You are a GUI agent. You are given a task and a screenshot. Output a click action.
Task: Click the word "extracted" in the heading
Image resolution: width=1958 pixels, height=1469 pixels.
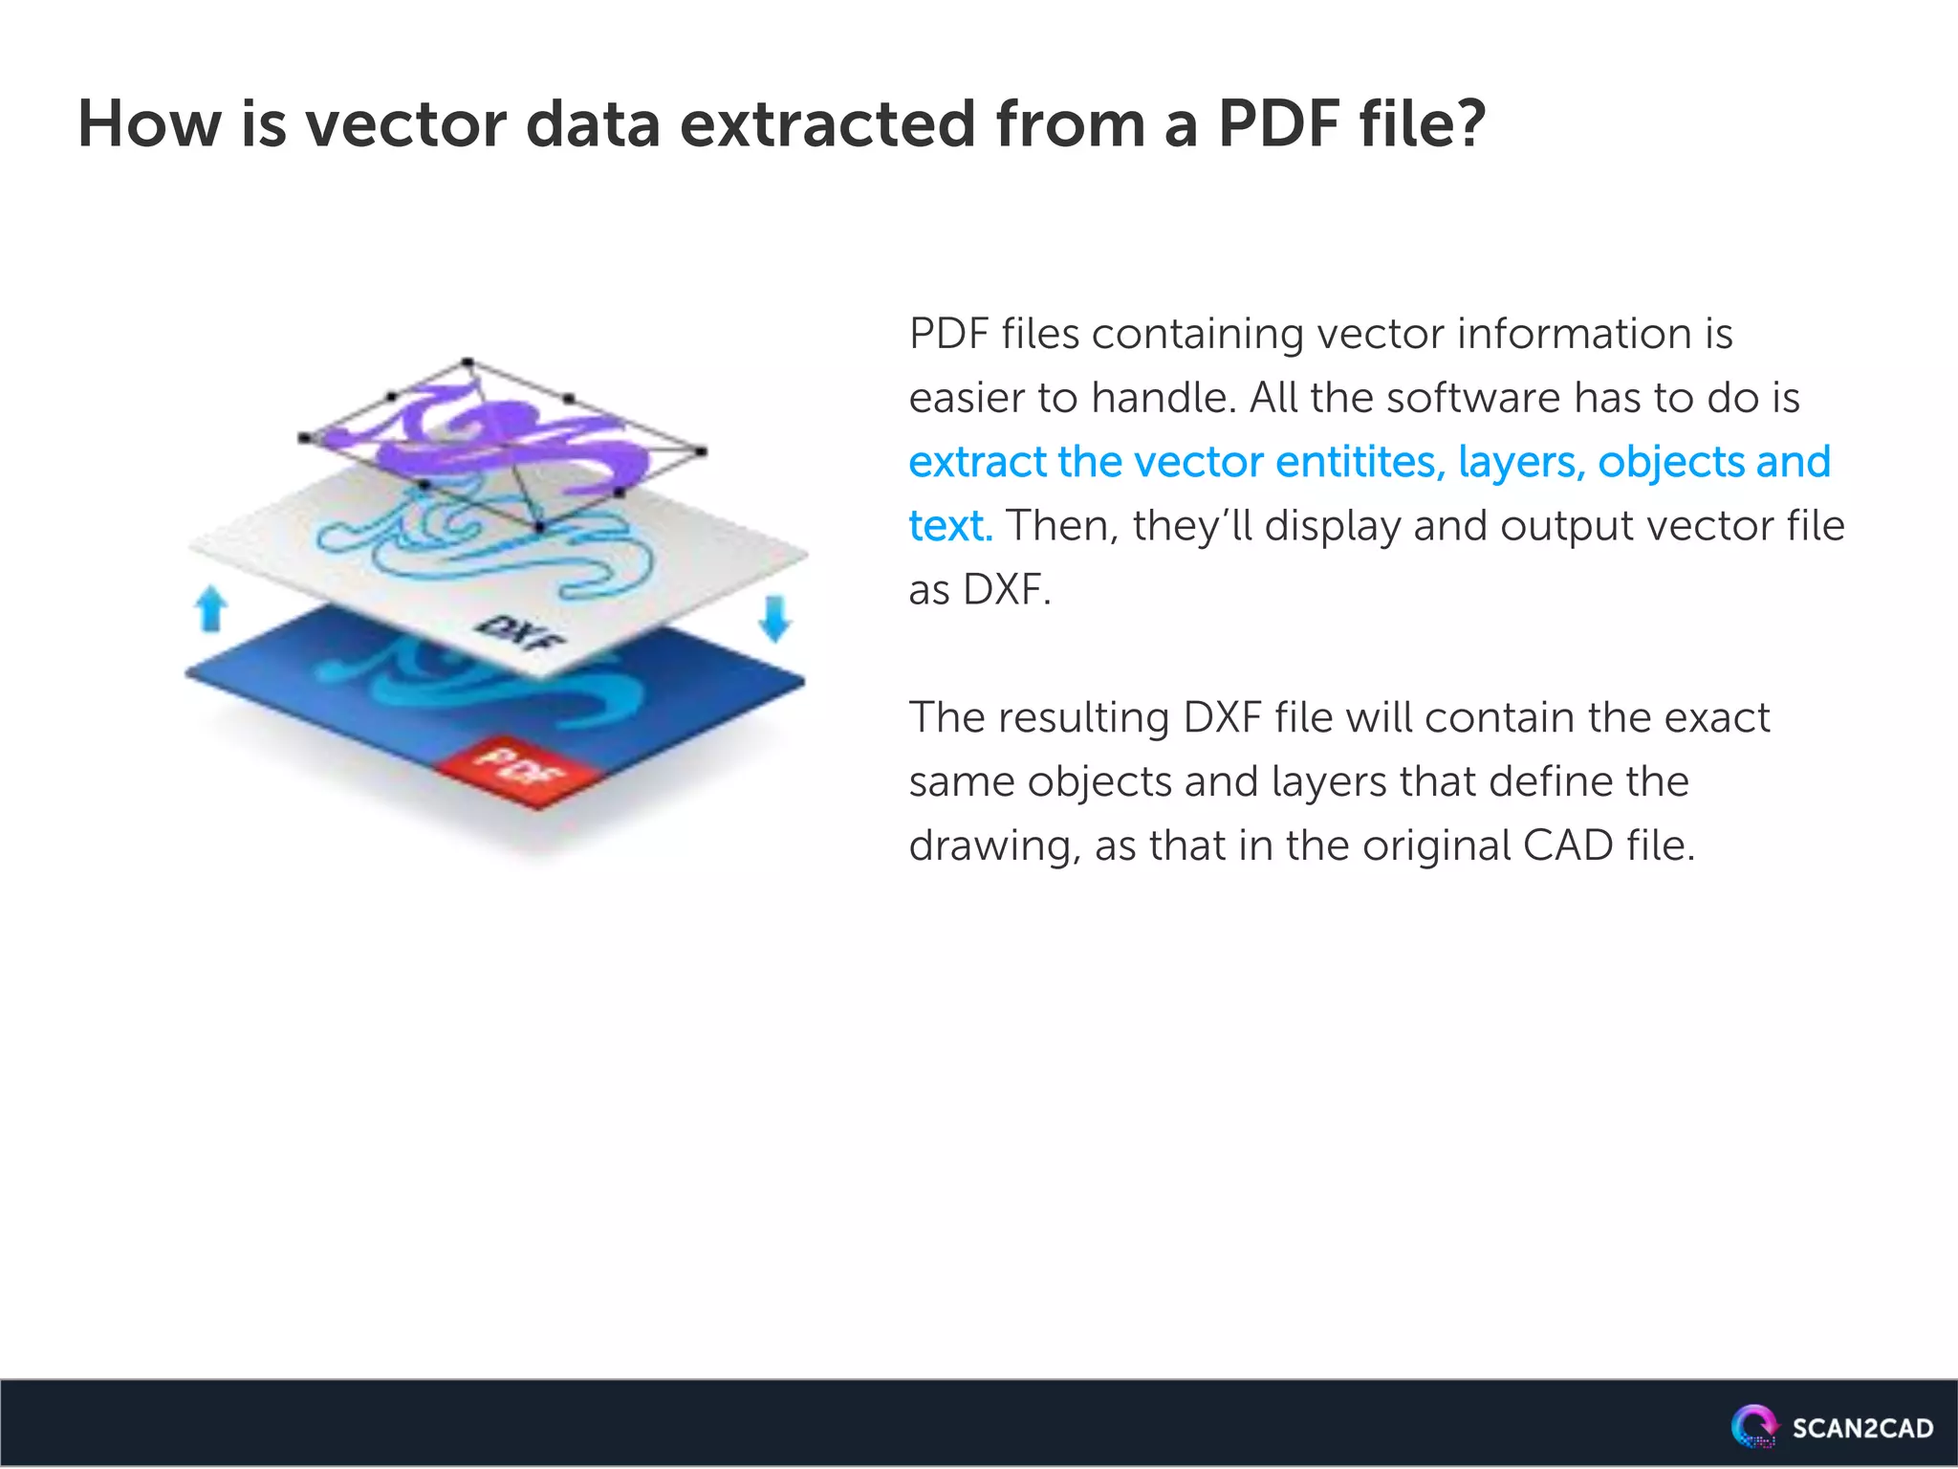tap(828, 124)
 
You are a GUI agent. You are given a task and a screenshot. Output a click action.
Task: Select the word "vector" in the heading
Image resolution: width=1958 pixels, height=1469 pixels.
tap(405, 124)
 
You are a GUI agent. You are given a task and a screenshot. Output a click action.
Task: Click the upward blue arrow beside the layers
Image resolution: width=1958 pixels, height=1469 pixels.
tap(210, 609)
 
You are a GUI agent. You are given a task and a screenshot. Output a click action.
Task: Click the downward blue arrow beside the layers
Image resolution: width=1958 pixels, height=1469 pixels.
tap(774, 618)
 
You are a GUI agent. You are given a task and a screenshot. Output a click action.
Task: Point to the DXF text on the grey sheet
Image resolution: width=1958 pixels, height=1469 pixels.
tap(521, 632)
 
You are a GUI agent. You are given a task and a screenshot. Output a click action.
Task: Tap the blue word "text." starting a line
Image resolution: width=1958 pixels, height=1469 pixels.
tap(950, 526)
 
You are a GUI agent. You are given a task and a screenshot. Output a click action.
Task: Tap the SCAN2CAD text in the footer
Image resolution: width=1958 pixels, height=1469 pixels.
tap(1861, 1429)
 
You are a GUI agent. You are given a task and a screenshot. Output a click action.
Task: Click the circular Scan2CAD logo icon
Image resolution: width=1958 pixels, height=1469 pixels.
tap(1753, 1426)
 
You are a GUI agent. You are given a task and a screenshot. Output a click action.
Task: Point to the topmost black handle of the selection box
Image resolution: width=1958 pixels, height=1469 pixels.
tap(468, 362)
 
